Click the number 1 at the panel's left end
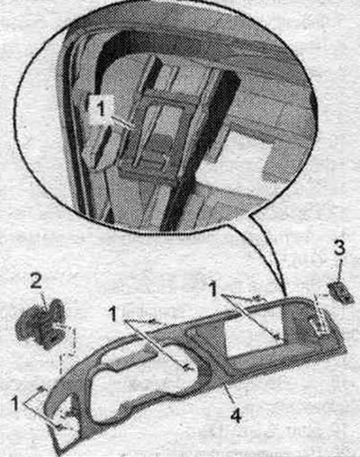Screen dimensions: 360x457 pos(16,403)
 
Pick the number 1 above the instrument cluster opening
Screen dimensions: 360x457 pos(113,314)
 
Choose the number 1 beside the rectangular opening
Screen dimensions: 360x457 pos(213,290)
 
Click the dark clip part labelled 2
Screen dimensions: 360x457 pos(40,324)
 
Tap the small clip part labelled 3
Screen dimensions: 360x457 pos(339,291)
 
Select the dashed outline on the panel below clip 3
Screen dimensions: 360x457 pos(319,313)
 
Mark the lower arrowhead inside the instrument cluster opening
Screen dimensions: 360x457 pos(186,367)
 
